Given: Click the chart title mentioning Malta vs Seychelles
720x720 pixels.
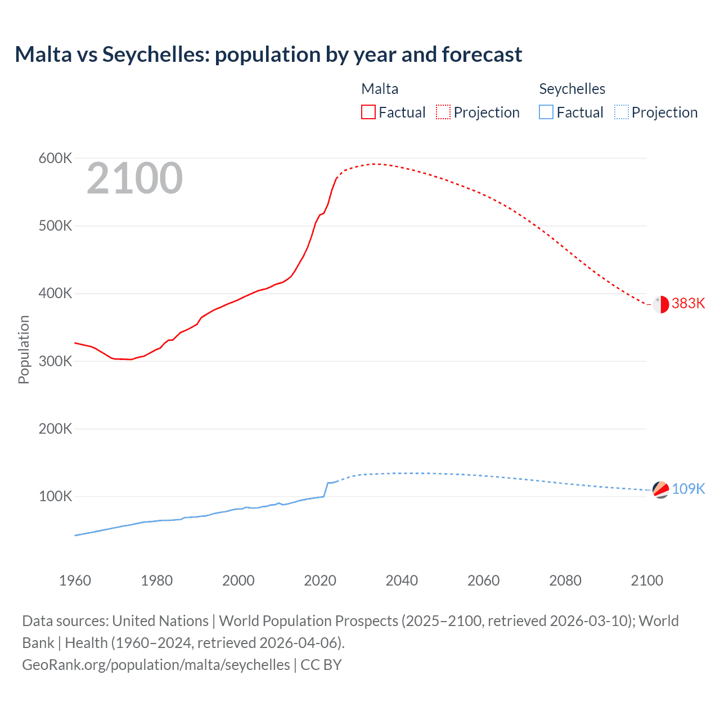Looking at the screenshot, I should [x=268, y=55].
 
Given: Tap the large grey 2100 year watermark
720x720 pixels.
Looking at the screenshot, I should [x=134, y=178].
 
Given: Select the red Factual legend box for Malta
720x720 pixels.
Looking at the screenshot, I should [x=368, y=112].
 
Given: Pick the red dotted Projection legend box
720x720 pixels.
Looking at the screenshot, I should [x=443, y=112].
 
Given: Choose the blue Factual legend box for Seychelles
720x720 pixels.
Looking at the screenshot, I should [x=546, y=112].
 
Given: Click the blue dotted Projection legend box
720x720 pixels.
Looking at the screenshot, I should [x=622, y=112].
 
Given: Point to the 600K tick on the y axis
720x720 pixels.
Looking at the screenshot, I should [x=55, y=159].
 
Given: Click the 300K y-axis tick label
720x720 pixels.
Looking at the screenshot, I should [x=55, y=361].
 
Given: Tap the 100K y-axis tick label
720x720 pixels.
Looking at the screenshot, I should [x=55, y=497].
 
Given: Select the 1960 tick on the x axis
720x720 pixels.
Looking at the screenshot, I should [x=75, y=580].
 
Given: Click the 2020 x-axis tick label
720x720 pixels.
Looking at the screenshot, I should [x=320, y=580].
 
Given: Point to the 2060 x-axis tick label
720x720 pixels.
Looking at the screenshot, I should [x=483, y=580].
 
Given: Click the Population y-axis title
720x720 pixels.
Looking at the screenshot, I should [x=24, y=349].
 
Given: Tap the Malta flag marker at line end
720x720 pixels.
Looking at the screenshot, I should [x=660, y=304].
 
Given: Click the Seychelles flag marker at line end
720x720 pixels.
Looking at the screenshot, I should [x=660, y=490].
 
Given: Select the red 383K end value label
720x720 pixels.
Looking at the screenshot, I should [x=688, y=304].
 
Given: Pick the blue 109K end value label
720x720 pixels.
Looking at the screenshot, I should [x=688, y=489].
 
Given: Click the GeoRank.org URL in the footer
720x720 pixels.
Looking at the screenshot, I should [x=156, y=665].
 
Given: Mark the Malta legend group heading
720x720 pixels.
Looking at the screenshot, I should [x=380, y=89].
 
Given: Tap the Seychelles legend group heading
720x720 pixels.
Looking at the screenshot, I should [x=572, y=89].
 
